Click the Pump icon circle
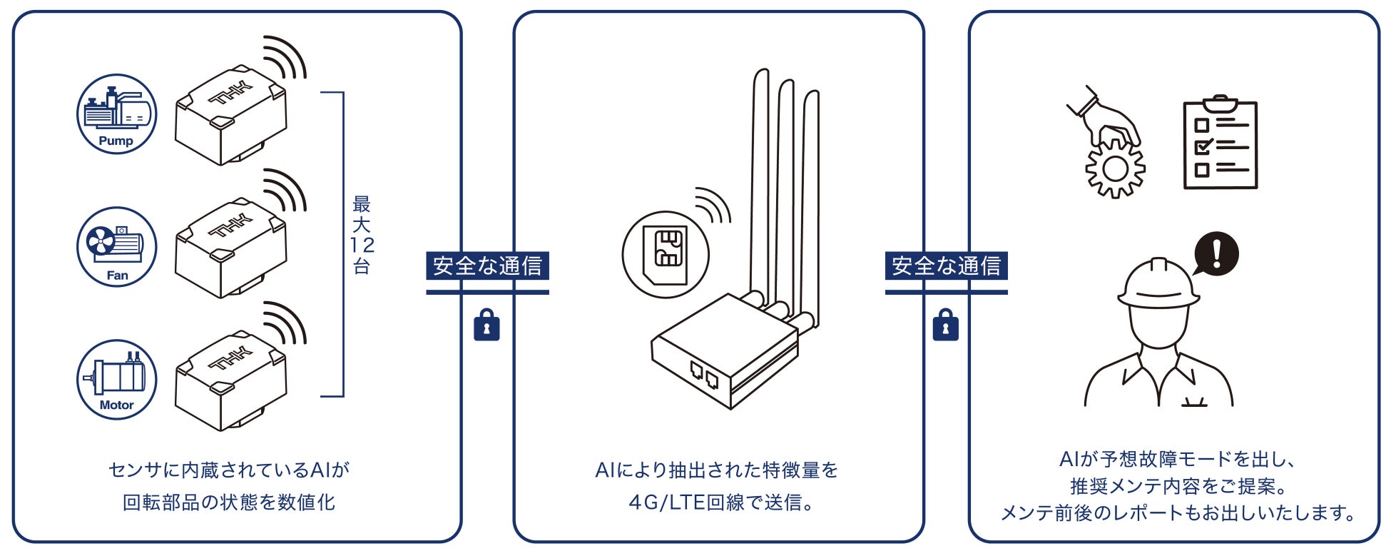(116, 114)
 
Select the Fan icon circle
(116, 247)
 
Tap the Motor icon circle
(116, 379)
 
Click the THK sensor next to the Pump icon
(230, 114)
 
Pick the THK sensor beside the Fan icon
(230, 248)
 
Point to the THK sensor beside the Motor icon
(230, 380)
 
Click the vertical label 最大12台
(362, 236)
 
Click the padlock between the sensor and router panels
(486, 325)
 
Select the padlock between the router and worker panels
(945, 325)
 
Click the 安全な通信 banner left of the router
(487, 266)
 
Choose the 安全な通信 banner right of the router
(946, 266)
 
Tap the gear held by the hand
(1115, 168)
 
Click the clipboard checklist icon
(1220, 143)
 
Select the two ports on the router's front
(703, 374)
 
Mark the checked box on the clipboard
(1203, 148)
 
